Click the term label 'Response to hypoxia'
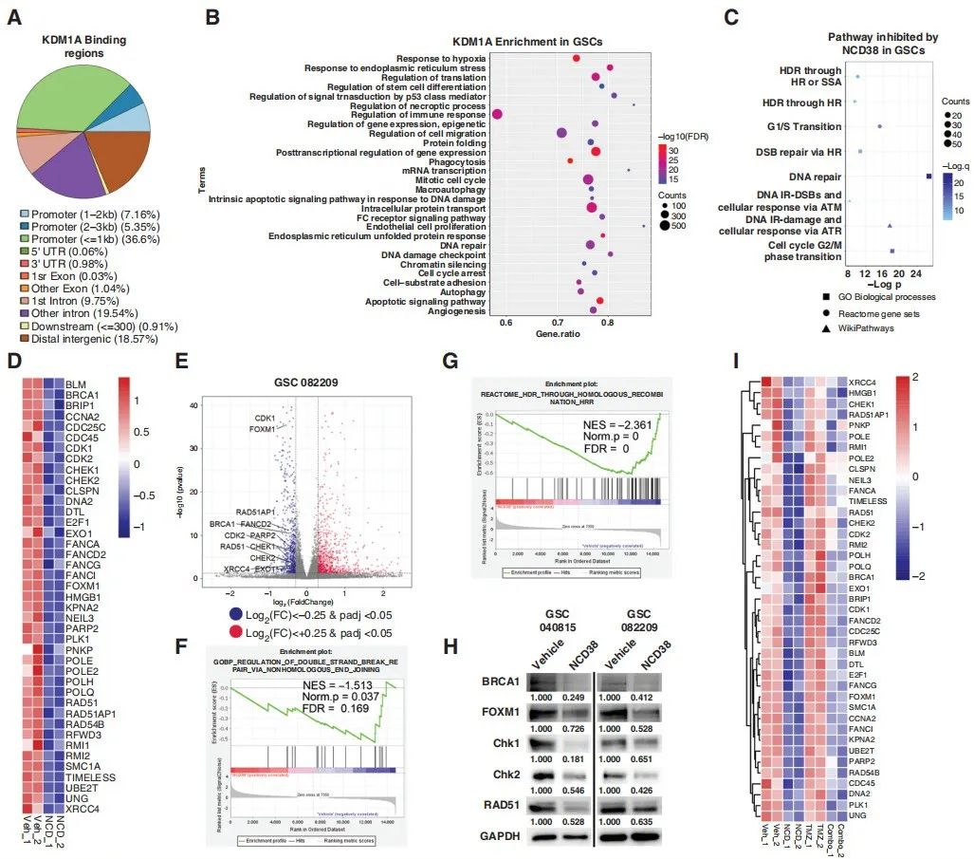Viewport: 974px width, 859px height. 440,59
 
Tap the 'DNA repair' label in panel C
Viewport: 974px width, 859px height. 815,177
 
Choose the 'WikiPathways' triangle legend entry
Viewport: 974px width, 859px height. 866,327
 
